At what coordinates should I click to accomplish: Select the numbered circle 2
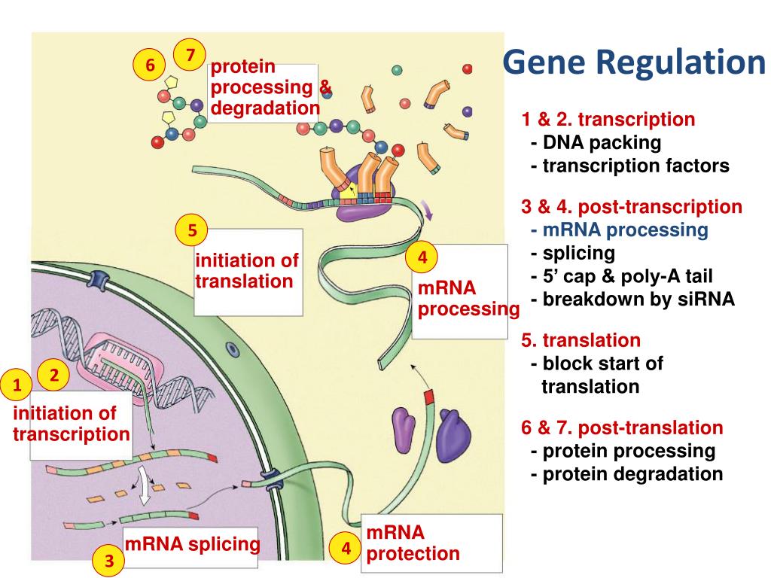54,374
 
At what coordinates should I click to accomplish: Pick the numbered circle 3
109,561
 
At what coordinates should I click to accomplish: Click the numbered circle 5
192,231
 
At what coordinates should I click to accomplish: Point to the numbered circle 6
150,65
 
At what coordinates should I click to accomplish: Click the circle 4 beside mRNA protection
346,549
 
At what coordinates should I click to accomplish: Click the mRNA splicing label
192,543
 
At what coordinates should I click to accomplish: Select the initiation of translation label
247,271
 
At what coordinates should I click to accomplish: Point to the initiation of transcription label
72,424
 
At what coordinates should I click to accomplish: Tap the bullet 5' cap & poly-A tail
626,276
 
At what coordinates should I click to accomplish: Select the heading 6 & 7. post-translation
622,428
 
